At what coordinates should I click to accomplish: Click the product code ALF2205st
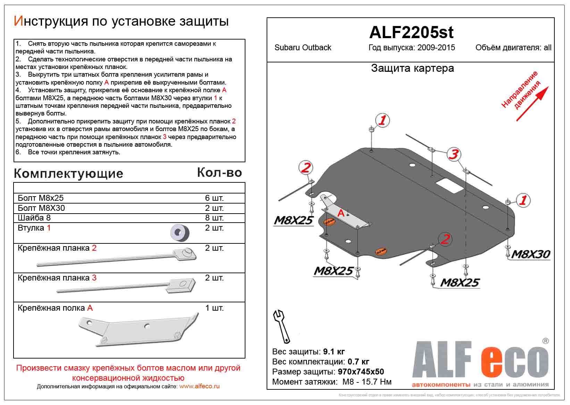click(x=411, y=33)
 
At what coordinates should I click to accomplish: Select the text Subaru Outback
click(x=303, y=48)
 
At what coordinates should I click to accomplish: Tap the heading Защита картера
click(x=412, y=68)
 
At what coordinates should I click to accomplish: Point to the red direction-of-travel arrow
click(x=532, y=104)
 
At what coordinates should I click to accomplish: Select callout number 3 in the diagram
click(x=453, y=154)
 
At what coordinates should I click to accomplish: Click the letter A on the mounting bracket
click(x=341, y=213)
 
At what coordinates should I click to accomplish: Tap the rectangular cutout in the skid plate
click(x=450, y=187)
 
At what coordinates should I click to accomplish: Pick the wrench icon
click(x=282, y=326)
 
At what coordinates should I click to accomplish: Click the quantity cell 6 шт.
click(x=214, y=198)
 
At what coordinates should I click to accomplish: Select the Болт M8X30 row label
click(x=41, y=208)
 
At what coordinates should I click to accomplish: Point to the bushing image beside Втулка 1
click(x=180, y=232)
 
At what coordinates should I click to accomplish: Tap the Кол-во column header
click(x=219, y=173)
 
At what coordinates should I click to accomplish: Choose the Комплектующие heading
click(x=68, y=174)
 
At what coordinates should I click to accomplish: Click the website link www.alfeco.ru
click(x=199, y=386)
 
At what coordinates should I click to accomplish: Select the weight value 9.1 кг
click(x=334, y=352)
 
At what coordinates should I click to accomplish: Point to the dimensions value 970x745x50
click(x=361, y=372)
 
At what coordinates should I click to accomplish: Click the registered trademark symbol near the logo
click(x=545, y=341)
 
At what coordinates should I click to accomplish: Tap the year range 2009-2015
click(x=436, y=48)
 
